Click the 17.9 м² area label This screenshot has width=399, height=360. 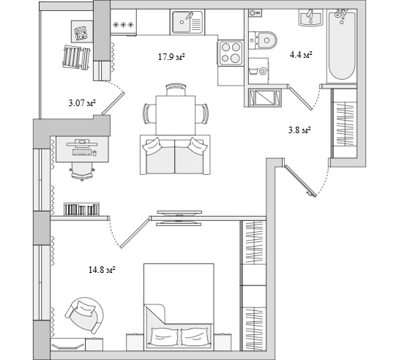point(171,56)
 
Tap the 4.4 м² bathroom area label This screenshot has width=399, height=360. point(301,54)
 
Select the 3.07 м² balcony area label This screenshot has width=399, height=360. point(82,103)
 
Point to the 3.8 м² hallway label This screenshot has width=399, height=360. point(299,130)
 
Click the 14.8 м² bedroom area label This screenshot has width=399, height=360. point(102,270)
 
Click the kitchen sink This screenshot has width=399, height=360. point(187,22)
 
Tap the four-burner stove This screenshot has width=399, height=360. point(231,53)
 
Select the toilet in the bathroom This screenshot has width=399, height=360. point(262,40)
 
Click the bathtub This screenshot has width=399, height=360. point(342,45)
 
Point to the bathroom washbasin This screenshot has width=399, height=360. point(310,18)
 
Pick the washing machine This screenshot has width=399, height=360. point(258,71)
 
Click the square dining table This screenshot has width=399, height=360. point(176,115)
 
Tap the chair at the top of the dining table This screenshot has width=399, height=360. point(176,89)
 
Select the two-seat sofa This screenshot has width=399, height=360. point(175,155)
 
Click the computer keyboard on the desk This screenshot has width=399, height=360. point(82,152)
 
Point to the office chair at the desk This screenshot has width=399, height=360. point(82,171)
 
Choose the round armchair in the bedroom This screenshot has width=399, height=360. point(85,315)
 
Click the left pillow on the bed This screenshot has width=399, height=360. point(164,337)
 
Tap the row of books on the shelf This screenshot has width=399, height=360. point(81,209)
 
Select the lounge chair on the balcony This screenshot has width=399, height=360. point(76,58)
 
